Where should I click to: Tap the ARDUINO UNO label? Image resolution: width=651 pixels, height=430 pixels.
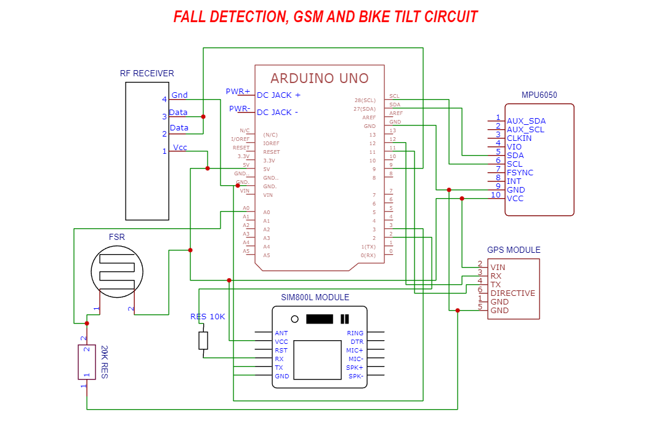(319, 78)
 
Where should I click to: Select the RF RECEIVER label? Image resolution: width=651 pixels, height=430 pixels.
(147, 74)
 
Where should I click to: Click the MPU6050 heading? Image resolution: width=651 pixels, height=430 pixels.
(540, 95)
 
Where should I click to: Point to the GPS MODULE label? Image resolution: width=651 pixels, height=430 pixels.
(514, 250)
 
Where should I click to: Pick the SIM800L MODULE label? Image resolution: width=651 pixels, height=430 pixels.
(315, 298)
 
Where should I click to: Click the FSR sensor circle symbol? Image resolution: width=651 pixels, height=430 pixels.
(117, 273)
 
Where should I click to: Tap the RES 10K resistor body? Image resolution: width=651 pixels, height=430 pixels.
(203, 340)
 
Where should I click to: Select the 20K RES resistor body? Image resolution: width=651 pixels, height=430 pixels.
(87, 362)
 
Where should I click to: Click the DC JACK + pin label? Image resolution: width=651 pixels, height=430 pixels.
(278, 95)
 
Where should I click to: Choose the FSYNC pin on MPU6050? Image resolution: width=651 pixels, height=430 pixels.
(520, 173)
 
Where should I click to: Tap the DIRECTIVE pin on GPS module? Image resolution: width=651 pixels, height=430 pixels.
(512, 293)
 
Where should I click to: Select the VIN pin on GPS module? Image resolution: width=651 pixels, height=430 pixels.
(498, 268)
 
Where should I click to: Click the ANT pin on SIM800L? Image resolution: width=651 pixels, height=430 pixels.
(281, 333)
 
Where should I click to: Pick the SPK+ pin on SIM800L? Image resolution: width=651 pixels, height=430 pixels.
(355, 368)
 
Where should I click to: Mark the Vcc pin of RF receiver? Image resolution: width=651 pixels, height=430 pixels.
(180, 148)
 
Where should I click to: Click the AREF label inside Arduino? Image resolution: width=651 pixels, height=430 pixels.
(369, 117)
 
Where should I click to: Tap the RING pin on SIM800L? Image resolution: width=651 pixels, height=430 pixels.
(355, 333)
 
